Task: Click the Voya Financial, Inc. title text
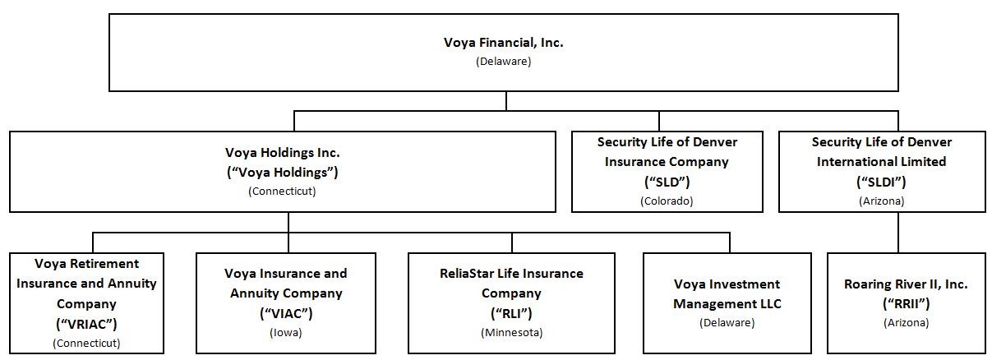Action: (503, 43)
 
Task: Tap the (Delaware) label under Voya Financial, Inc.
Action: (503, 62)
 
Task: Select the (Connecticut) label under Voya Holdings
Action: (282, 192)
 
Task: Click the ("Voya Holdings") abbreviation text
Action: (282, 173)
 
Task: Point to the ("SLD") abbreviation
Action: (667, 182)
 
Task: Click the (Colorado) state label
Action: (667, 201)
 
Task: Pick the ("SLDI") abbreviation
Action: (881, 182)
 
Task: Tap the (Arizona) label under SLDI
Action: (881, 201)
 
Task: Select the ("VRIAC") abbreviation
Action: (86, 324)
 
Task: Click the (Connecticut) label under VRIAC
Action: (86, 343)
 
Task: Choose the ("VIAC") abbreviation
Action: (285, 313)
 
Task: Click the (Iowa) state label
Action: (285, 333)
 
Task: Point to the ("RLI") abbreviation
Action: (510, 313)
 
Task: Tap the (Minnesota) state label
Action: (510, 333)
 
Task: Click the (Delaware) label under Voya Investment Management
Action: (727, 323)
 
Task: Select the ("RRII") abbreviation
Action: (906, 304)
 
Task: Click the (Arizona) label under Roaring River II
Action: (906, 323)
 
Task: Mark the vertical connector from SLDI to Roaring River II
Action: (897, 233)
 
